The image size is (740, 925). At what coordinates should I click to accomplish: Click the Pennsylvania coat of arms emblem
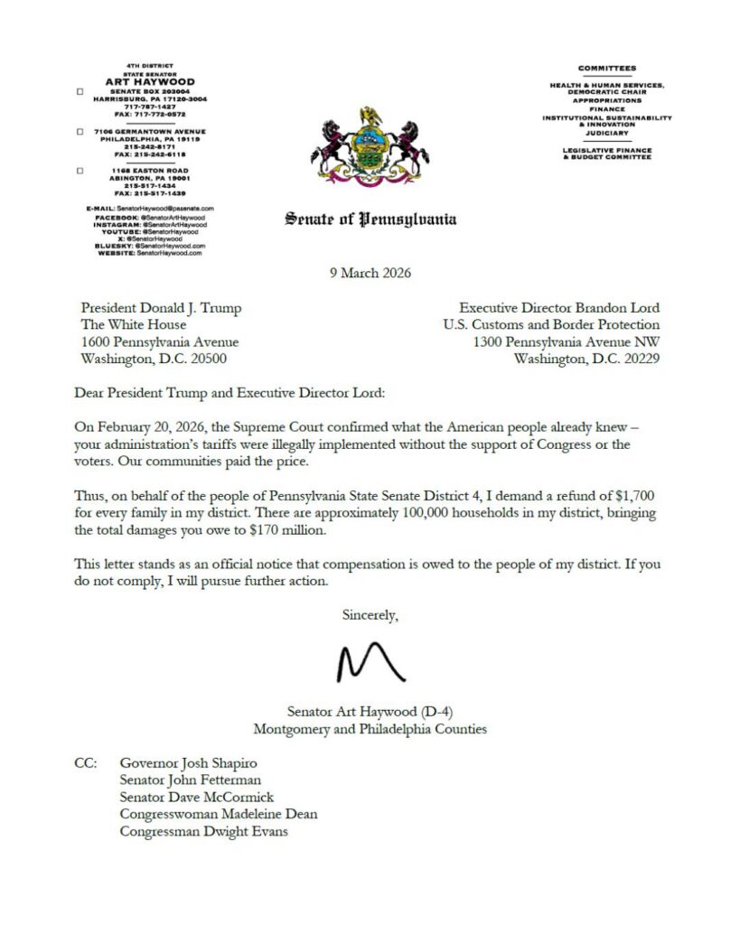coord(371,145)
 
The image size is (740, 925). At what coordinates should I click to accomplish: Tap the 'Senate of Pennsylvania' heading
coord(370,219)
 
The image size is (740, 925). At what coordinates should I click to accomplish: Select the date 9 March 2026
coord(370,273)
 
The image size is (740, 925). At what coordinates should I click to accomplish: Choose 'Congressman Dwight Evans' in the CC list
coord(203,832)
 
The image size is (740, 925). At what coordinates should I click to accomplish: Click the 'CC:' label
coord(86,763)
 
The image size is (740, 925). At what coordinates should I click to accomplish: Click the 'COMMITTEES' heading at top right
coord(607,69)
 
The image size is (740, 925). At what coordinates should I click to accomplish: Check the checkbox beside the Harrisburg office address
coord(80,92)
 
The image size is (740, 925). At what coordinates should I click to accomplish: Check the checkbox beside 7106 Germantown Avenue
coord(80,132)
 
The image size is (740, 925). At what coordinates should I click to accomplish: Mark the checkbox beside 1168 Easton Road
coord(80,171)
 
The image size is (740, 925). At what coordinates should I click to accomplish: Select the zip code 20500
coord(208,359)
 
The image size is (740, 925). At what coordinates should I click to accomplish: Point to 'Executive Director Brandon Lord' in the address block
coord(558,307)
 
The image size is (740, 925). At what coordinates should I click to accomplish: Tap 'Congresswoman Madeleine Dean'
coord(218,815)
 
